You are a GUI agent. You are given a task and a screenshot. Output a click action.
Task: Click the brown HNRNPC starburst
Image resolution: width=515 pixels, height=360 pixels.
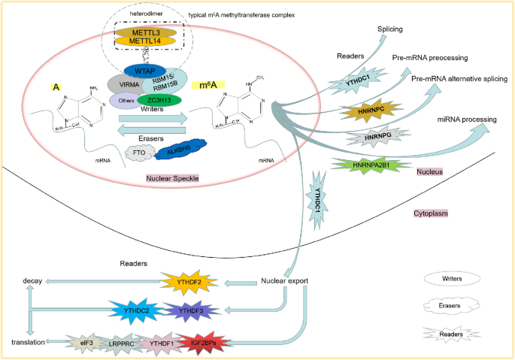363,112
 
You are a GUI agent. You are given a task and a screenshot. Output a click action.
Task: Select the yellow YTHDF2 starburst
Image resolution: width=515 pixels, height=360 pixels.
189,282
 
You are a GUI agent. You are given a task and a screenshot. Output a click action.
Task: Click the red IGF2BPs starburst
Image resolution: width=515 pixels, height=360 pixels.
202,343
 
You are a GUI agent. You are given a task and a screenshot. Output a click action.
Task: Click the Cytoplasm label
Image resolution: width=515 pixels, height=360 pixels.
432,213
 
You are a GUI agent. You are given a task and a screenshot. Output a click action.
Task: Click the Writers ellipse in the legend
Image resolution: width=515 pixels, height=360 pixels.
453,278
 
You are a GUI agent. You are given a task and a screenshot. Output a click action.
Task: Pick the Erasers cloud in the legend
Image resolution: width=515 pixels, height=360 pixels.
453,306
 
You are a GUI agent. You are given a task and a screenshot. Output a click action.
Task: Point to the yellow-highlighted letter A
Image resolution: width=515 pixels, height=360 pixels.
56,87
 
